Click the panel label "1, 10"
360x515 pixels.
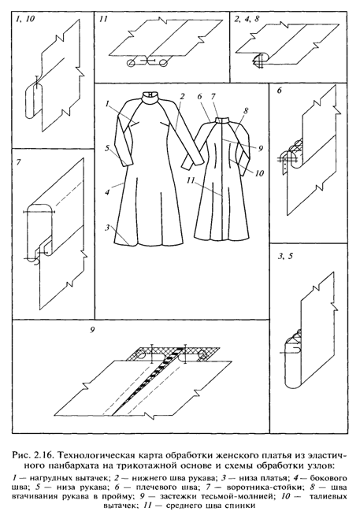click(25, 20)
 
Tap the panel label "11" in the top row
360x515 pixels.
click(103, 20)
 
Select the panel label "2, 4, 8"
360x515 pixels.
click(247, 19)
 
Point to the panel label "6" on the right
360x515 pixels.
click(279, 91)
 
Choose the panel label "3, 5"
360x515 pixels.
click(285, 257)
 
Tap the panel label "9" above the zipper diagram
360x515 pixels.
click(93, 331)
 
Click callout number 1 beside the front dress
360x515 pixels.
click(107, 105)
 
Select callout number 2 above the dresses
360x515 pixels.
click(182, 96)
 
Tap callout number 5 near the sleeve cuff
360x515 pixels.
click(107, 148)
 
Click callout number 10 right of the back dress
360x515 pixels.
click(259, 172)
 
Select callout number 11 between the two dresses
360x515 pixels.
click(192, 180)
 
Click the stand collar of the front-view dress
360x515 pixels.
click(150, 98)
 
